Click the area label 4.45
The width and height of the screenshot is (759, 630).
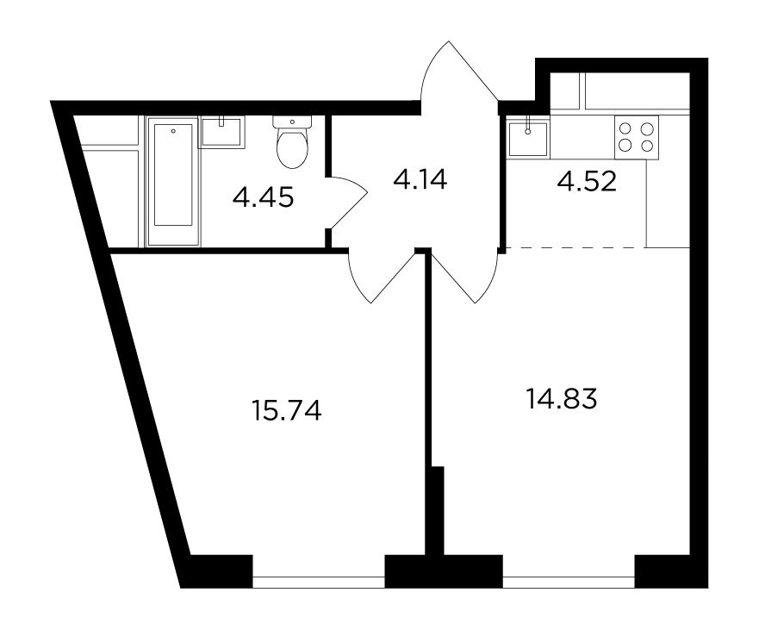click(x=263, y=197)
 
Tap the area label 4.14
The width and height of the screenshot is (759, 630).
click(x=420, y=179)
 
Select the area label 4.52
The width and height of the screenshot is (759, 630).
click(x=587, y=182)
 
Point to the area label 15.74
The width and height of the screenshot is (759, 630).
click(x=287, y=410)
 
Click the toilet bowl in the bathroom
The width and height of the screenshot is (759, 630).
click(x=292, y=142)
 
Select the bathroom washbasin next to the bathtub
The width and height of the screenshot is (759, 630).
click(x=221, y=131)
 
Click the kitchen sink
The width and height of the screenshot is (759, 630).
click(x=527, y=137)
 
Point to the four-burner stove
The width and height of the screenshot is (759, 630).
click(x=637, y=137)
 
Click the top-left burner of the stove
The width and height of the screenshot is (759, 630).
click(x=625, y=128)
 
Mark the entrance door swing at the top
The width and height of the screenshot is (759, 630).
click(x=458, y=72)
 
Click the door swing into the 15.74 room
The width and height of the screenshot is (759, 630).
click(x=383, y=276)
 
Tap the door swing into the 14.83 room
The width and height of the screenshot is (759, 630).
click(x=463, y=276)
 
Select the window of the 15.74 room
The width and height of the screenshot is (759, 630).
click(x=319, y=582)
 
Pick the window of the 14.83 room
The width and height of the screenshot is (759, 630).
click(x=569, y=582)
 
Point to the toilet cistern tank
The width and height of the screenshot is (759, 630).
click(x=292, y=122)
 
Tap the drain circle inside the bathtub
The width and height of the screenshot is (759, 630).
click(x=173, y=131)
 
